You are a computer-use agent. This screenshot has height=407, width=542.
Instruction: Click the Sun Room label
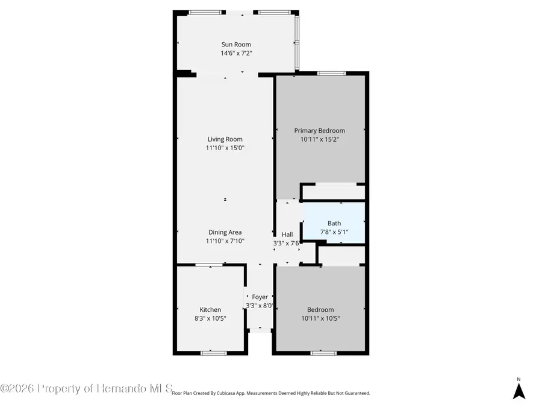point(236,44)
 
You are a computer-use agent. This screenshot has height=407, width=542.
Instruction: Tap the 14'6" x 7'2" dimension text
point(236,53)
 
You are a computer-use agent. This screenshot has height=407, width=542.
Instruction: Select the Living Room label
point(225,139)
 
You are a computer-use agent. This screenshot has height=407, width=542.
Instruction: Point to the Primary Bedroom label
point(319,130)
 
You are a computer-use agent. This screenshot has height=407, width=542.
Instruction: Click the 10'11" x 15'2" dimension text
point(319,139)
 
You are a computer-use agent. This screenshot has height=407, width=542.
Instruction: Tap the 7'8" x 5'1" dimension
point(334,232)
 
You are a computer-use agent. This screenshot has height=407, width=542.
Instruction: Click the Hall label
point(287,235)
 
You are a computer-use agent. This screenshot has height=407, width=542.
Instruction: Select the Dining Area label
point(225,232)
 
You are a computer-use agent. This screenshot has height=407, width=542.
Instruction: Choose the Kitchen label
point(210,310)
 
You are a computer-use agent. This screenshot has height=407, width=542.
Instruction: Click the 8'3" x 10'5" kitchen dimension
point(210,318)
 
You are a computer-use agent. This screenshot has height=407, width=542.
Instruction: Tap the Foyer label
point(260,297)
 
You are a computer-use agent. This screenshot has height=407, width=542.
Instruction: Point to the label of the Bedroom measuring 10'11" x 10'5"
point(320,310)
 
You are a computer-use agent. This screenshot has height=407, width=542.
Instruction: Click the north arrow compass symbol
point(519,390)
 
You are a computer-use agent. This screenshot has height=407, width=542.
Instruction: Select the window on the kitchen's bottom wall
point(214,353)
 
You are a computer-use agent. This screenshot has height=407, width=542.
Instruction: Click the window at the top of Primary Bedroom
point(331,73)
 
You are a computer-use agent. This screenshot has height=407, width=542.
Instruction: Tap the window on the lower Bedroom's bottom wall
point(323,353)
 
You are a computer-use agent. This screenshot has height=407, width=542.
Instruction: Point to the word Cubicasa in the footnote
point(229,393)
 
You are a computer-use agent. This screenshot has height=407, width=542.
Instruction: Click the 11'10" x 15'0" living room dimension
point(225,148)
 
